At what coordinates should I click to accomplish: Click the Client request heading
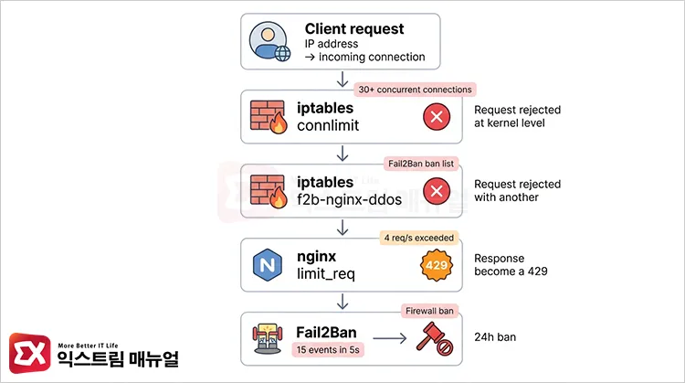pyautogui.click(x=354, y=28)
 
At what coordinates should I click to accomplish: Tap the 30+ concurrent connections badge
pyautogui.click(x=415, y=90)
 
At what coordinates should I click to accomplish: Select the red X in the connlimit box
pyautogui.click(x=436, y=117)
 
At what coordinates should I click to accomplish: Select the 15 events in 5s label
pyautogui.click(x=329, y=349)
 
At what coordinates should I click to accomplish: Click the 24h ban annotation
pyautogui.click(x=495, y=337)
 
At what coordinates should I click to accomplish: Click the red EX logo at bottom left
pyautogui.click(x=27, y=352)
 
